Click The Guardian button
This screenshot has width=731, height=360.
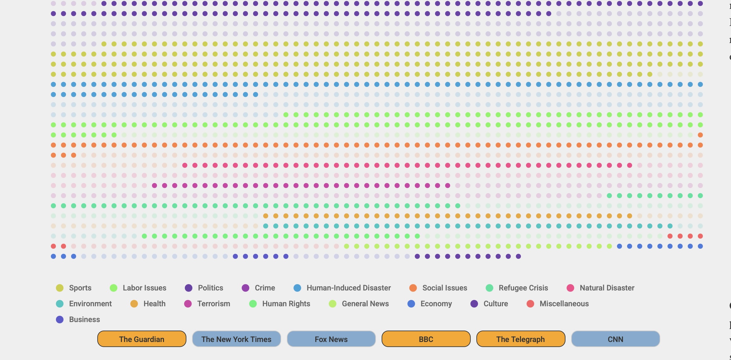142,339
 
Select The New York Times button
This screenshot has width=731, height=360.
236,339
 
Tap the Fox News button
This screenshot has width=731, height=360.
331,339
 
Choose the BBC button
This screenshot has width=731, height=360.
426,339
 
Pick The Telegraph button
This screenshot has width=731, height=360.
521,339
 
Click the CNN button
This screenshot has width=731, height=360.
615,339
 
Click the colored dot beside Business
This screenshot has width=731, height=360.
60,320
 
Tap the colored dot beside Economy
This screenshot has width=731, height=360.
411,304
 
